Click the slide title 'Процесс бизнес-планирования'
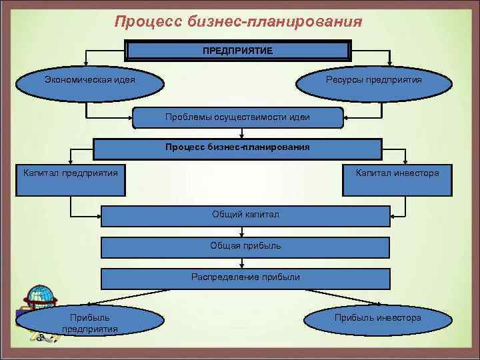[238, 22]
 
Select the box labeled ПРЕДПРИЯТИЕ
[238, 51]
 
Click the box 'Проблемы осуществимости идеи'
[238, 117]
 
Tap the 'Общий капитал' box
[245, 215]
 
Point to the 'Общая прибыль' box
[245, 246]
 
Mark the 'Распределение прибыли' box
[245, 277]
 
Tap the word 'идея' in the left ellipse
[123, 80]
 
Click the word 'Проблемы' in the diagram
[189, 117]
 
